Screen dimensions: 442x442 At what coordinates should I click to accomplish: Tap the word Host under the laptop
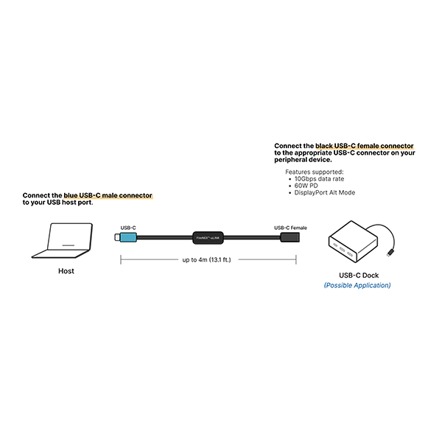coord(66,271)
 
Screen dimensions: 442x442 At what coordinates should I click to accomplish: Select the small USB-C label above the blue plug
coord(128,228)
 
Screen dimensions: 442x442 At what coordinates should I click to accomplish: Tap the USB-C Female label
coord(290,228)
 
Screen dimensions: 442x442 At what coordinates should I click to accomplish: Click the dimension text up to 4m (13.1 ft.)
coord(206,259)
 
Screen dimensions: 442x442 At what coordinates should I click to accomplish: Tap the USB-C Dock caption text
coord(357,275)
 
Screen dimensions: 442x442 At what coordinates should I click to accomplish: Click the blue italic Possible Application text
coord(357,285)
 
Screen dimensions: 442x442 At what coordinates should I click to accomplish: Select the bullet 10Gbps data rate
coord(319,178)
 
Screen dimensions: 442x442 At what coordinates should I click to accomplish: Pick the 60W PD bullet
coord(308,185)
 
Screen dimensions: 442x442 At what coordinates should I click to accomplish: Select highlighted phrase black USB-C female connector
coord(364,146)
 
